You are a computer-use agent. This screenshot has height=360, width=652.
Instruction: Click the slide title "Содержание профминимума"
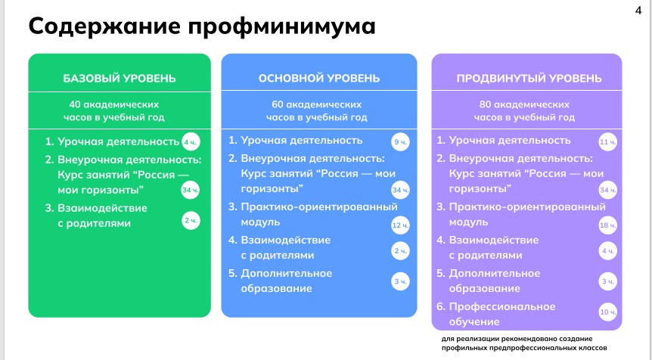(x=202, y=26)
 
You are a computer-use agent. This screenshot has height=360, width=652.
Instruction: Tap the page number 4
(x=638, y=10)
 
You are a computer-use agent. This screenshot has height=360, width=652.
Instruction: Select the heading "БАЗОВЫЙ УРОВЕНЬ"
(x=120, y=78)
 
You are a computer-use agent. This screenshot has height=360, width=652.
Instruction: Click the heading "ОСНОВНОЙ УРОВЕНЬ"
(x=319, y=78)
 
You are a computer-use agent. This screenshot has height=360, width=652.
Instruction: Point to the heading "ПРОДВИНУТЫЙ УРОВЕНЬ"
(x=529, y=78)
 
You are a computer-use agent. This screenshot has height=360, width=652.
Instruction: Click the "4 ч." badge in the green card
(x=191, y=142)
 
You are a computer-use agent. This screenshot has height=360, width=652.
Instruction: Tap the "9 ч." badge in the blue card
(x=400, y=142)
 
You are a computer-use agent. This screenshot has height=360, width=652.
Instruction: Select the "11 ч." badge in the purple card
(x=608, y=142)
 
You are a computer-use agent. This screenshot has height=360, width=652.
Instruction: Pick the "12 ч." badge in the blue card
(x=400, y=225)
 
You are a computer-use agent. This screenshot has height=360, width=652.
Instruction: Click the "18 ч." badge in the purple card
(x=608, y=225)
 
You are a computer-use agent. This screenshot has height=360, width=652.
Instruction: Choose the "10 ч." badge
(x=608, y=312)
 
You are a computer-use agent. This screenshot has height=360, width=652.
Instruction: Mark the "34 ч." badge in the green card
(x=191, y=191)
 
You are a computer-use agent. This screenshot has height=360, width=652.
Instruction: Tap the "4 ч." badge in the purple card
(x=608, y=251)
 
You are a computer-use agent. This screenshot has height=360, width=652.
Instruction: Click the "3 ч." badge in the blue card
(x=400, y=281)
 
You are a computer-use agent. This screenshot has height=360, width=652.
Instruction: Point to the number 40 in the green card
(x=75, y=104)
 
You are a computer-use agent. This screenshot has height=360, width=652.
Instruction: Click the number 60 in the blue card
(x=278, y=104)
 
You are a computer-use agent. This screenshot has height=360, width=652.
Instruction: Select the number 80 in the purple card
(x=486, y=104)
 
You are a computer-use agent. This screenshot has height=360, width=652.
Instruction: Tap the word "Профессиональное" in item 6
(x=502, y=307)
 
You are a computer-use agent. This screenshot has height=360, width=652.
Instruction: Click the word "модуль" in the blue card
(x=260, y=222)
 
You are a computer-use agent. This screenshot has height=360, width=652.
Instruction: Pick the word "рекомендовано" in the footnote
(x=520, y=339)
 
